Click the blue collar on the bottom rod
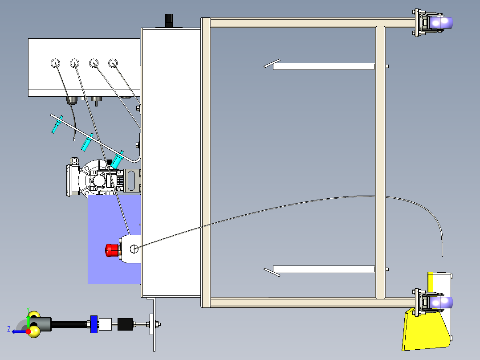[x=94, y=324]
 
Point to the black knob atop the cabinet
[x=169, y=20]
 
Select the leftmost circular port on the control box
[x=55, y=63]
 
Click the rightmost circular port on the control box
[x=113, y=63]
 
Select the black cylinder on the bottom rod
[x=125, y=324]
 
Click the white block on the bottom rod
[x=106, y=324]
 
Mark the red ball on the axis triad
[x=28, y=331]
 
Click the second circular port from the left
[x=74, y=63]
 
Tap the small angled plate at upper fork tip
[x=272, y=64]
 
